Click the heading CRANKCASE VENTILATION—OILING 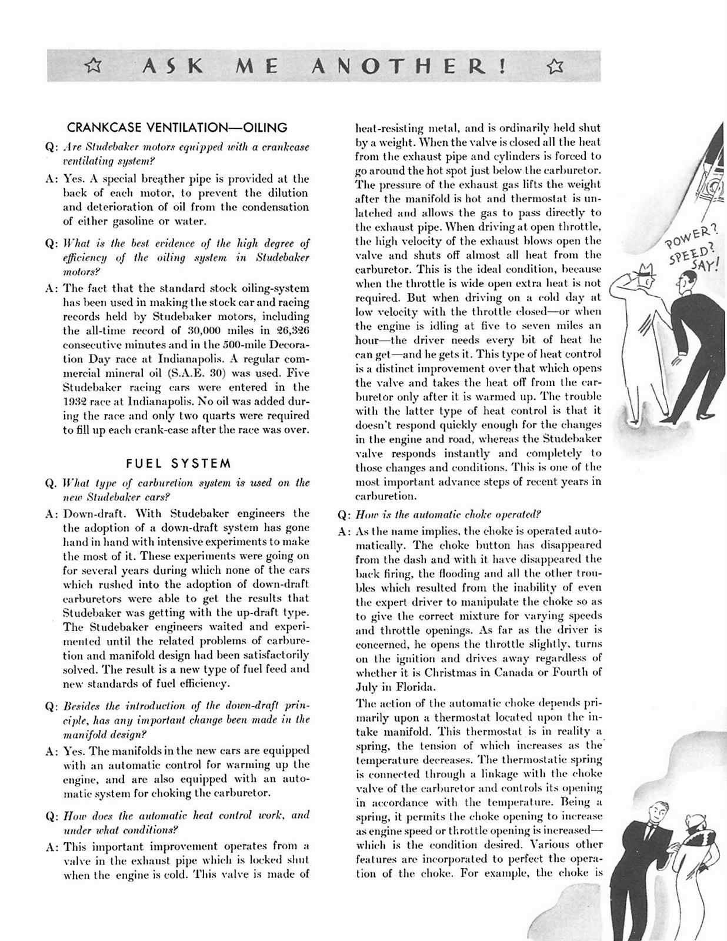(x=177, y=128)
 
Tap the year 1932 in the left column (x=76, y=402)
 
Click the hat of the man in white (x=647, y=272)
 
